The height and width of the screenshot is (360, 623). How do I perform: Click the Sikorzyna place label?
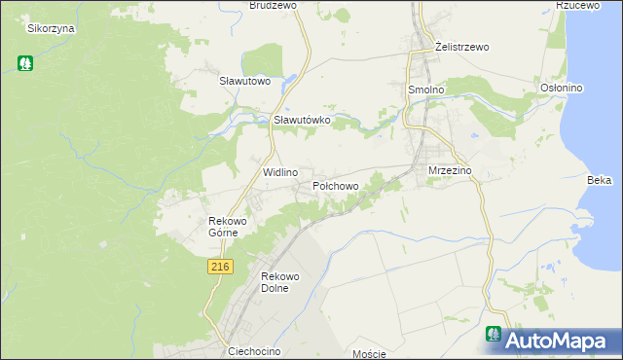click(52, 28)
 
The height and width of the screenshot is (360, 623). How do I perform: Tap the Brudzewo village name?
click(273, 5)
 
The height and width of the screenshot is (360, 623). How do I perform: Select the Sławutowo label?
click(244, 82)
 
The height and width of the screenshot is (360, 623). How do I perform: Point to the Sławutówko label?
click(302, 120)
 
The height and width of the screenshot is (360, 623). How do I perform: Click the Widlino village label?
click(280, 172)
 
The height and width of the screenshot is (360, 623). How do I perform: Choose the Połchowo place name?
click(336, 185)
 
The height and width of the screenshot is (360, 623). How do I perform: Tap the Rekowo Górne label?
click(231, 227)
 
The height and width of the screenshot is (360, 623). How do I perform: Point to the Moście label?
click(370, 354)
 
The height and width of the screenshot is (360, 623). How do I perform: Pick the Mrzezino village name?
click(450, 170)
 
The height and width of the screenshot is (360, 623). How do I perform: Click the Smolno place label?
click(424, 89)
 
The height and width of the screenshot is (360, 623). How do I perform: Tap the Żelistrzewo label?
click(461, 47)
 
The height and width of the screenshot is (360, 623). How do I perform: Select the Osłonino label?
click(561, 88)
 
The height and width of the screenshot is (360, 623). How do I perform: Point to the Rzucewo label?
click(575, 5)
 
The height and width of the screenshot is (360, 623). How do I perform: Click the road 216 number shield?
click(220, 266)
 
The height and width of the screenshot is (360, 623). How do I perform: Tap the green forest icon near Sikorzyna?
click(24, 63)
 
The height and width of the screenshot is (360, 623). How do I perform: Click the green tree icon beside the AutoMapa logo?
click(495, 334)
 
